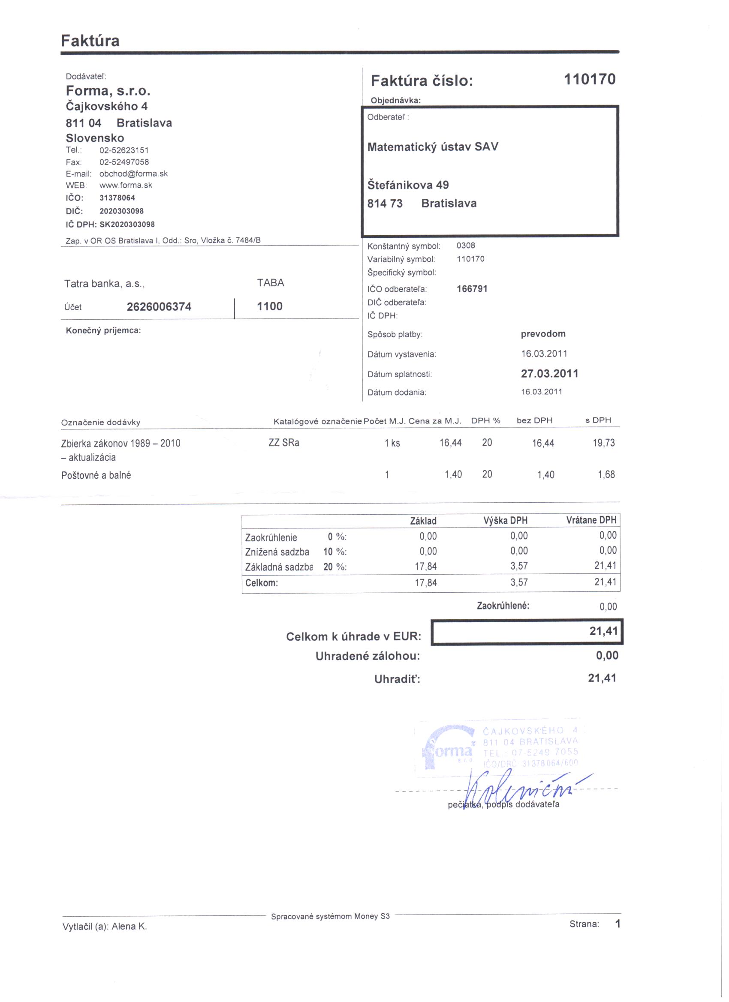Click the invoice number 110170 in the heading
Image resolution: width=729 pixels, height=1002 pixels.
(x=589, y=80)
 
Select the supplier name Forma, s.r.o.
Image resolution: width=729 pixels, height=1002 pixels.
(x=108, y=91)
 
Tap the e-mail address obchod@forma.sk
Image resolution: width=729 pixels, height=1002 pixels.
(x=133, y=174)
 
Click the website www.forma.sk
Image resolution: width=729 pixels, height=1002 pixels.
(x=126, y=185)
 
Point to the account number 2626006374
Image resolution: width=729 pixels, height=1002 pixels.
(x=159, y=306)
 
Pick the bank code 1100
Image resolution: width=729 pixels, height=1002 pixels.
(x=270, y=306)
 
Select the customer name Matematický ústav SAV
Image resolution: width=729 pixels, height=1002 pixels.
(x=433, y=147)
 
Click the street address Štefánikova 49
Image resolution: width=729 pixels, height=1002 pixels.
(x=408, y=185)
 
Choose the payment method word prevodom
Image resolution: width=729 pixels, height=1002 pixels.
(x=543, y=333)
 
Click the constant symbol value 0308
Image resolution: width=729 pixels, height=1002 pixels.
(x=466, y=246)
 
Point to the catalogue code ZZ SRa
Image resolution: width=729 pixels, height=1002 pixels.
(x=284, y=443)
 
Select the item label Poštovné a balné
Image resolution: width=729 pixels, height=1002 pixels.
(x=96, y=475)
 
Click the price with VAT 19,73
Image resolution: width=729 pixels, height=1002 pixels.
(x=603, y=443)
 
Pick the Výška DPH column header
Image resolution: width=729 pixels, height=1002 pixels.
(x=505, y=520)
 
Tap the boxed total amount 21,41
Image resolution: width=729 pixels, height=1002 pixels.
(x=603, y=631)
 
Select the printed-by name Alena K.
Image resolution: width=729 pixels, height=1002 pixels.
(x=129, y=927)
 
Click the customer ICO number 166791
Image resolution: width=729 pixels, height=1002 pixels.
(x=472, y=289)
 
